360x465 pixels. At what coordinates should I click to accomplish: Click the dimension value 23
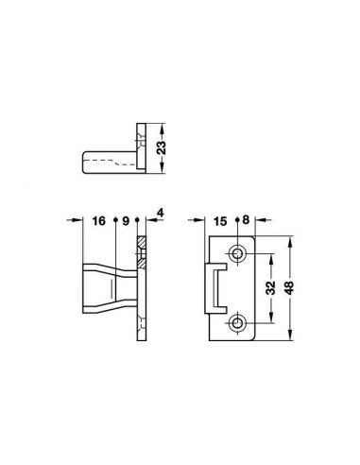tap(162, 147)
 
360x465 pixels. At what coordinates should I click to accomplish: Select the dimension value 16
tap(98, 221)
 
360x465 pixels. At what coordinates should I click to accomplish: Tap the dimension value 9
tap(126, 221)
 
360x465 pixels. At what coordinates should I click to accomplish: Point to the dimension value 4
tap(161, 213)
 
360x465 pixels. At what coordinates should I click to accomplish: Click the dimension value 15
tap(220, 221)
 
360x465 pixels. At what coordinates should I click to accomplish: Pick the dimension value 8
tap(246, 219)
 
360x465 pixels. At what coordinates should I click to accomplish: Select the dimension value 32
tap(270, 287)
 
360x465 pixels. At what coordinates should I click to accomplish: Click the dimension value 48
tap(289, 287)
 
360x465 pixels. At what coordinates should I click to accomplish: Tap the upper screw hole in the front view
tap(237, 253)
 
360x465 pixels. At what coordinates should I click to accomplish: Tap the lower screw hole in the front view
tap(237, 322)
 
